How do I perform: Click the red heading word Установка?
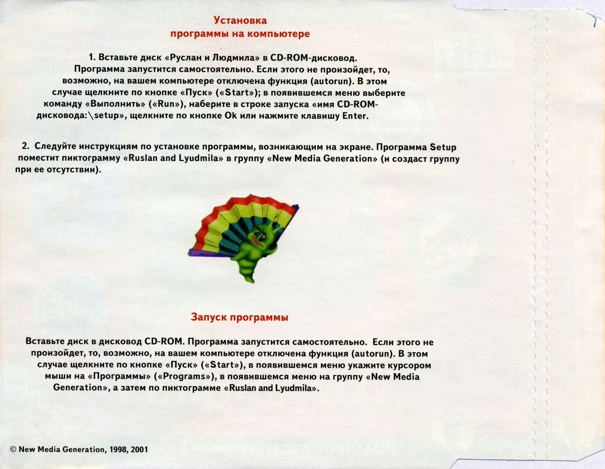tap(240, 20)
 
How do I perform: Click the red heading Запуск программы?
tap(239, 317)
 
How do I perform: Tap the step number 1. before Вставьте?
tap(93, 58)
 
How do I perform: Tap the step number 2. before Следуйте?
tap(25, 146)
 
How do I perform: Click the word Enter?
tap(355, 116)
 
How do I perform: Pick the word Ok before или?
tap(231, 115)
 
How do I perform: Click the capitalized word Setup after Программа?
tap(443, 147)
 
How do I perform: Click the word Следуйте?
tap(56, 146)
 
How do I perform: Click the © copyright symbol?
tap(13, 450)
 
